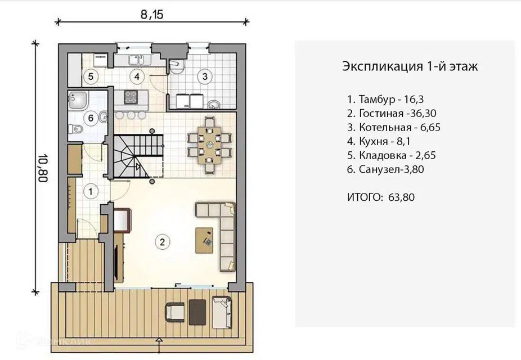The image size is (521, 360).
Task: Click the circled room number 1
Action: coord(91,192)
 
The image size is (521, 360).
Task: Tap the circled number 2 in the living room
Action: coord(162,242)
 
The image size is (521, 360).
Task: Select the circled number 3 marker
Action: coord(205,76)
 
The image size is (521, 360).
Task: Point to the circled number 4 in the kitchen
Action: coord(137,76)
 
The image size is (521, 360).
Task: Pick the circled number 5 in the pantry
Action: coord(91,76)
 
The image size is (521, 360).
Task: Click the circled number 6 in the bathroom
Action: coord(91,118)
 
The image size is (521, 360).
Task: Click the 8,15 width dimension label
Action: coord(152,15)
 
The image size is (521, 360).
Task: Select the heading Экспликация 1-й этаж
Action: coord(410,66)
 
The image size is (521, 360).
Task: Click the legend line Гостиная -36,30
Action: coord(392,114)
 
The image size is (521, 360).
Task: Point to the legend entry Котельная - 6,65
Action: coord(393,128)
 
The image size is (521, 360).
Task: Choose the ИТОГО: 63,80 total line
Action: coord(381,197)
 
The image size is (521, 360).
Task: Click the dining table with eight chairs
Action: coord(209,145)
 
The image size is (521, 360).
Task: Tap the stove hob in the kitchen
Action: coord(131,97)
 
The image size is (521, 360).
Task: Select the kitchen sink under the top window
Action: coord(137,60)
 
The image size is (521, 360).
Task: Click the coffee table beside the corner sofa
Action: coord(204,240)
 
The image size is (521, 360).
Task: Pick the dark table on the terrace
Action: coord(197,312)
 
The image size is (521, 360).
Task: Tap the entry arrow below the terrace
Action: coord(159,341)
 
